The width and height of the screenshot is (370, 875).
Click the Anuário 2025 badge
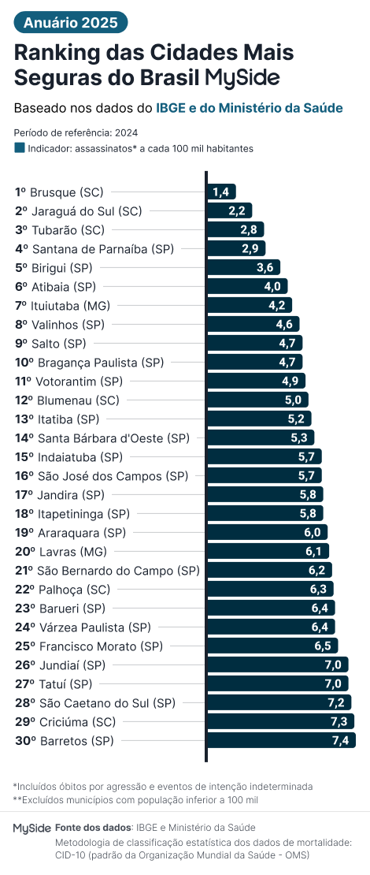click(x=70, y=23)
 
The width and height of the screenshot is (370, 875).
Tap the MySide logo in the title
click(x=242, y=77)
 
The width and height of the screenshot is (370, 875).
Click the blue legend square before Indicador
click(x=20, y=147)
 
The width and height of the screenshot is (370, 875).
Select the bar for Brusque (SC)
click(x=221, y=192)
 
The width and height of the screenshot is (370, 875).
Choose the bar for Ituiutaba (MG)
click(x=250, y=305)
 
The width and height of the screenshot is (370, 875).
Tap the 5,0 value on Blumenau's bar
click(x=292, y=400)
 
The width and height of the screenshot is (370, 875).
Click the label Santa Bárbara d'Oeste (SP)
click(x=113, y=438)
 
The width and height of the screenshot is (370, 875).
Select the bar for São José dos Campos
click(x=265, y=475)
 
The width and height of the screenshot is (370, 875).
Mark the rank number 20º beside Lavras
click(x=25, y=551)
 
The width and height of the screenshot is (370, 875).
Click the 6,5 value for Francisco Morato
click(x=322, y=646)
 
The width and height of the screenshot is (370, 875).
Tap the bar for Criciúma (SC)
click(x=280, y=721)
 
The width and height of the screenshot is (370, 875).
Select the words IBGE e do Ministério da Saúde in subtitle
click(x=250, y=108)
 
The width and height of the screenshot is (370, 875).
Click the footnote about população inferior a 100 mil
click(x=135, y=799)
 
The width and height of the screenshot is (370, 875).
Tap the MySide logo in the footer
click(x=32, y=828)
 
